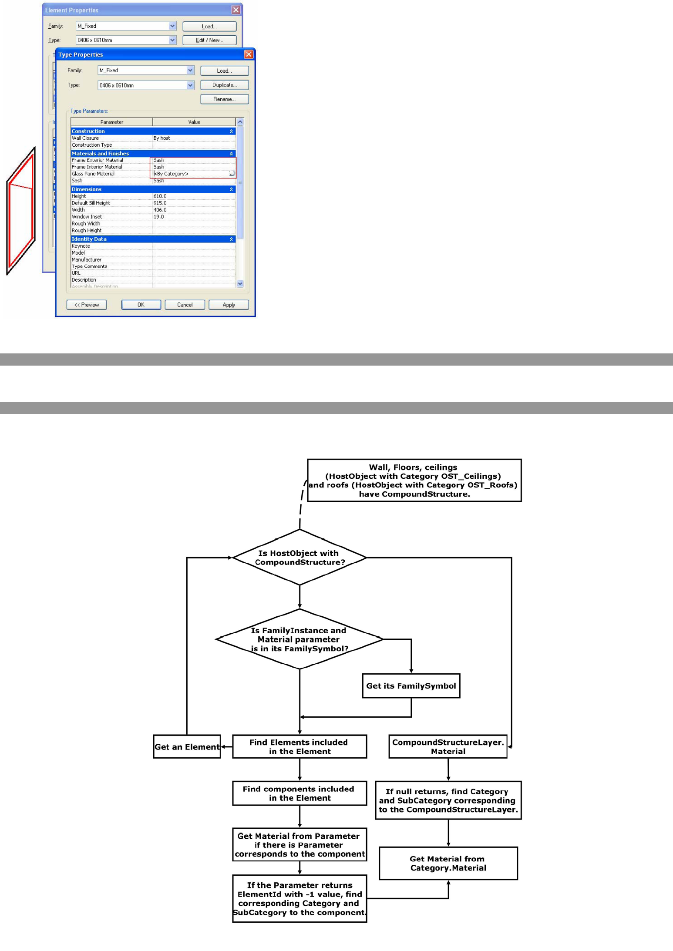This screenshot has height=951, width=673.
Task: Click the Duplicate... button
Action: pos(224,85)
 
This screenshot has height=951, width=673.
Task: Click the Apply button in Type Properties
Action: pos(229,305)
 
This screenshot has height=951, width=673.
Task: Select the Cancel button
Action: pos(185,305)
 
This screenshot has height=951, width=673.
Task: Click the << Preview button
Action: pos(87,305)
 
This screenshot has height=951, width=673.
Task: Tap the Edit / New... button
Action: pos(209,40)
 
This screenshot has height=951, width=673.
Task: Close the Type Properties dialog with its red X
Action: pos(249,54)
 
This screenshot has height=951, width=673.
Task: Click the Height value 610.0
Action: pos(160,196)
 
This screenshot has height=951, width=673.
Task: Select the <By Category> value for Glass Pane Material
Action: pos(171,174)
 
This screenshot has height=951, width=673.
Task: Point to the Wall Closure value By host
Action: pos(162,138)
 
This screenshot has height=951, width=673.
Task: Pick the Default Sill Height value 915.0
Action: pos(160,203)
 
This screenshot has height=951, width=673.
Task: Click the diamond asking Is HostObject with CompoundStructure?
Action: pos(299,558)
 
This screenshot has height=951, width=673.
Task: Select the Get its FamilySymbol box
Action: pos(411,686)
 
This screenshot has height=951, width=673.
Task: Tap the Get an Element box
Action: pos(187,747)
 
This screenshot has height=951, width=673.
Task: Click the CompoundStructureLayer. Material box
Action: pos(448,747)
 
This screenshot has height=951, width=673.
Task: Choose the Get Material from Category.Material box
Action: pos(448,863)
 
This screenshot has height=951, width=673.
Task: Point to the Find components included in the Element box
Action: pos(299,793)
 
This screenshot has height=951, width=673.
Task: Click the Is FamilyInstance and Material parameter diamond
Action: pos(299,639)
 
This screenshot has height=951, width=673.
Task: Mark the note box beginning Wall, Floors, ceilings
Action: pos(414,481)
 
